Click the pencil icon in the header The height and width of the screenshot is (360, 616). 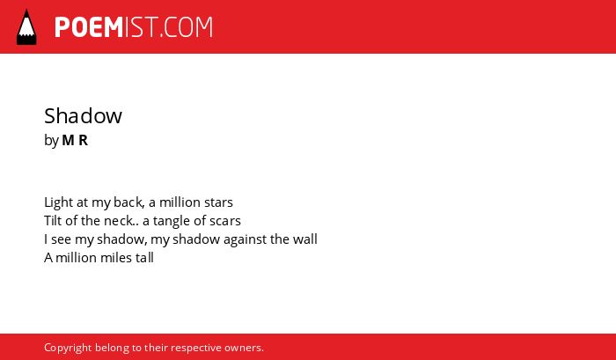click(26, 26)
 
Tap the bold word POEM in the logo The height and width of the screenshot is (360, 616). click(89, 27)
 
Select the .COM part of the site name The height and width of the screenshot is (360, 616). click(187, 27)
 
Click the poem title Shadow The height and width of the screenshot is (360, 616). click(83, 116)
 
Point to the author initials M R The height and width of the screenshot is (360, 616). click(75, 140)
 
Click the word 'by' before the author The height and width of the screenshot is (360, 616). click(51, 141)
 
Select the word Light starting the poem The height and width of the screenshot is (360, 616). click(59, 202)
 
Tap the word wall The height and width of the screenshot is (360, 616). click(305, 239)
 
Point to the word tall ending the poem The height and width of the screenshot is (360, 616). click(144, 257)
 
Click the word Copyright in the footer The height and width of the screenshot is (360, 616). click(68, 349)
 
